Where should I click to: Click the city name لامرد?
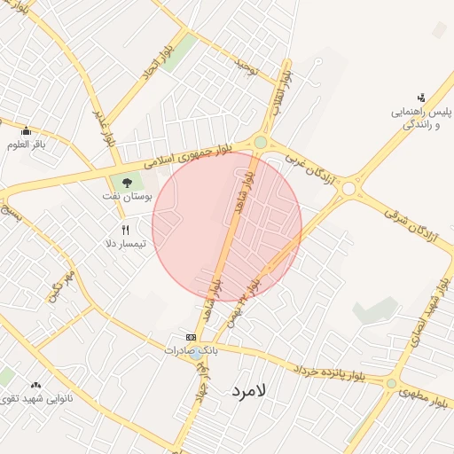(254, 389)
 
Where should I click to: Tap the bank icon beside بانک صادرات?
(191, 337)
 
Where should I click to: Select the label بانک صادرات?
(190, 350)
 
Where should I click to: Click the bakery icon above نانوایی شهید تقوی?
(35, 385)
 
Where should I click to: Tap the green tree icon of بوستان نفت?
(115, 184)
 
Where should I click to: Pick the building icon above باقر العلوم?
(27, 131)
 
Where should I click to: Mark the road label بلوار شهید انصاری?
(423, 316)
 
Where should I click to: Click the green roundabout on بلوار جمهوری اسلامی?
(260, 142)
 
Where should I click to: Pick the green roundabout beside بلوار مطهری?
(391, 383)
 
